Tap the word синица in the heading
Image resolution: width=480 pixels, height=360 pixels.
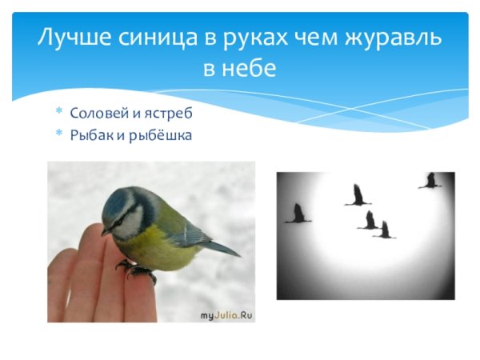click(142, 38)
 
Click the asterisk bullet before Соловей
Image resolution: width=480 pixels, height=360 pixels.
click(58, 113)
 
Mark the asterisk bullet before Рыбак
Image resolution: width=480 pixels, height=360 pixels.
click(58, 134)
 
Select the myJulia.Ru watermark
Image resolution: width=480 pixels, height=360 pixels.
click(226, 315)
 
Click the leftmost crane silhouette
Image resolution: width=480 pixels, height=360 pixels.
click(298, 214)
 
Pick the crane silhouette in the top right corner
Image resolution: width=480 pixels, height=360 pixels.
click(430, 182)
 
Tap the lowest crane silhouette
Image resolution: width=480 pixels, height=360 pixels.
click(385, 230)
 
